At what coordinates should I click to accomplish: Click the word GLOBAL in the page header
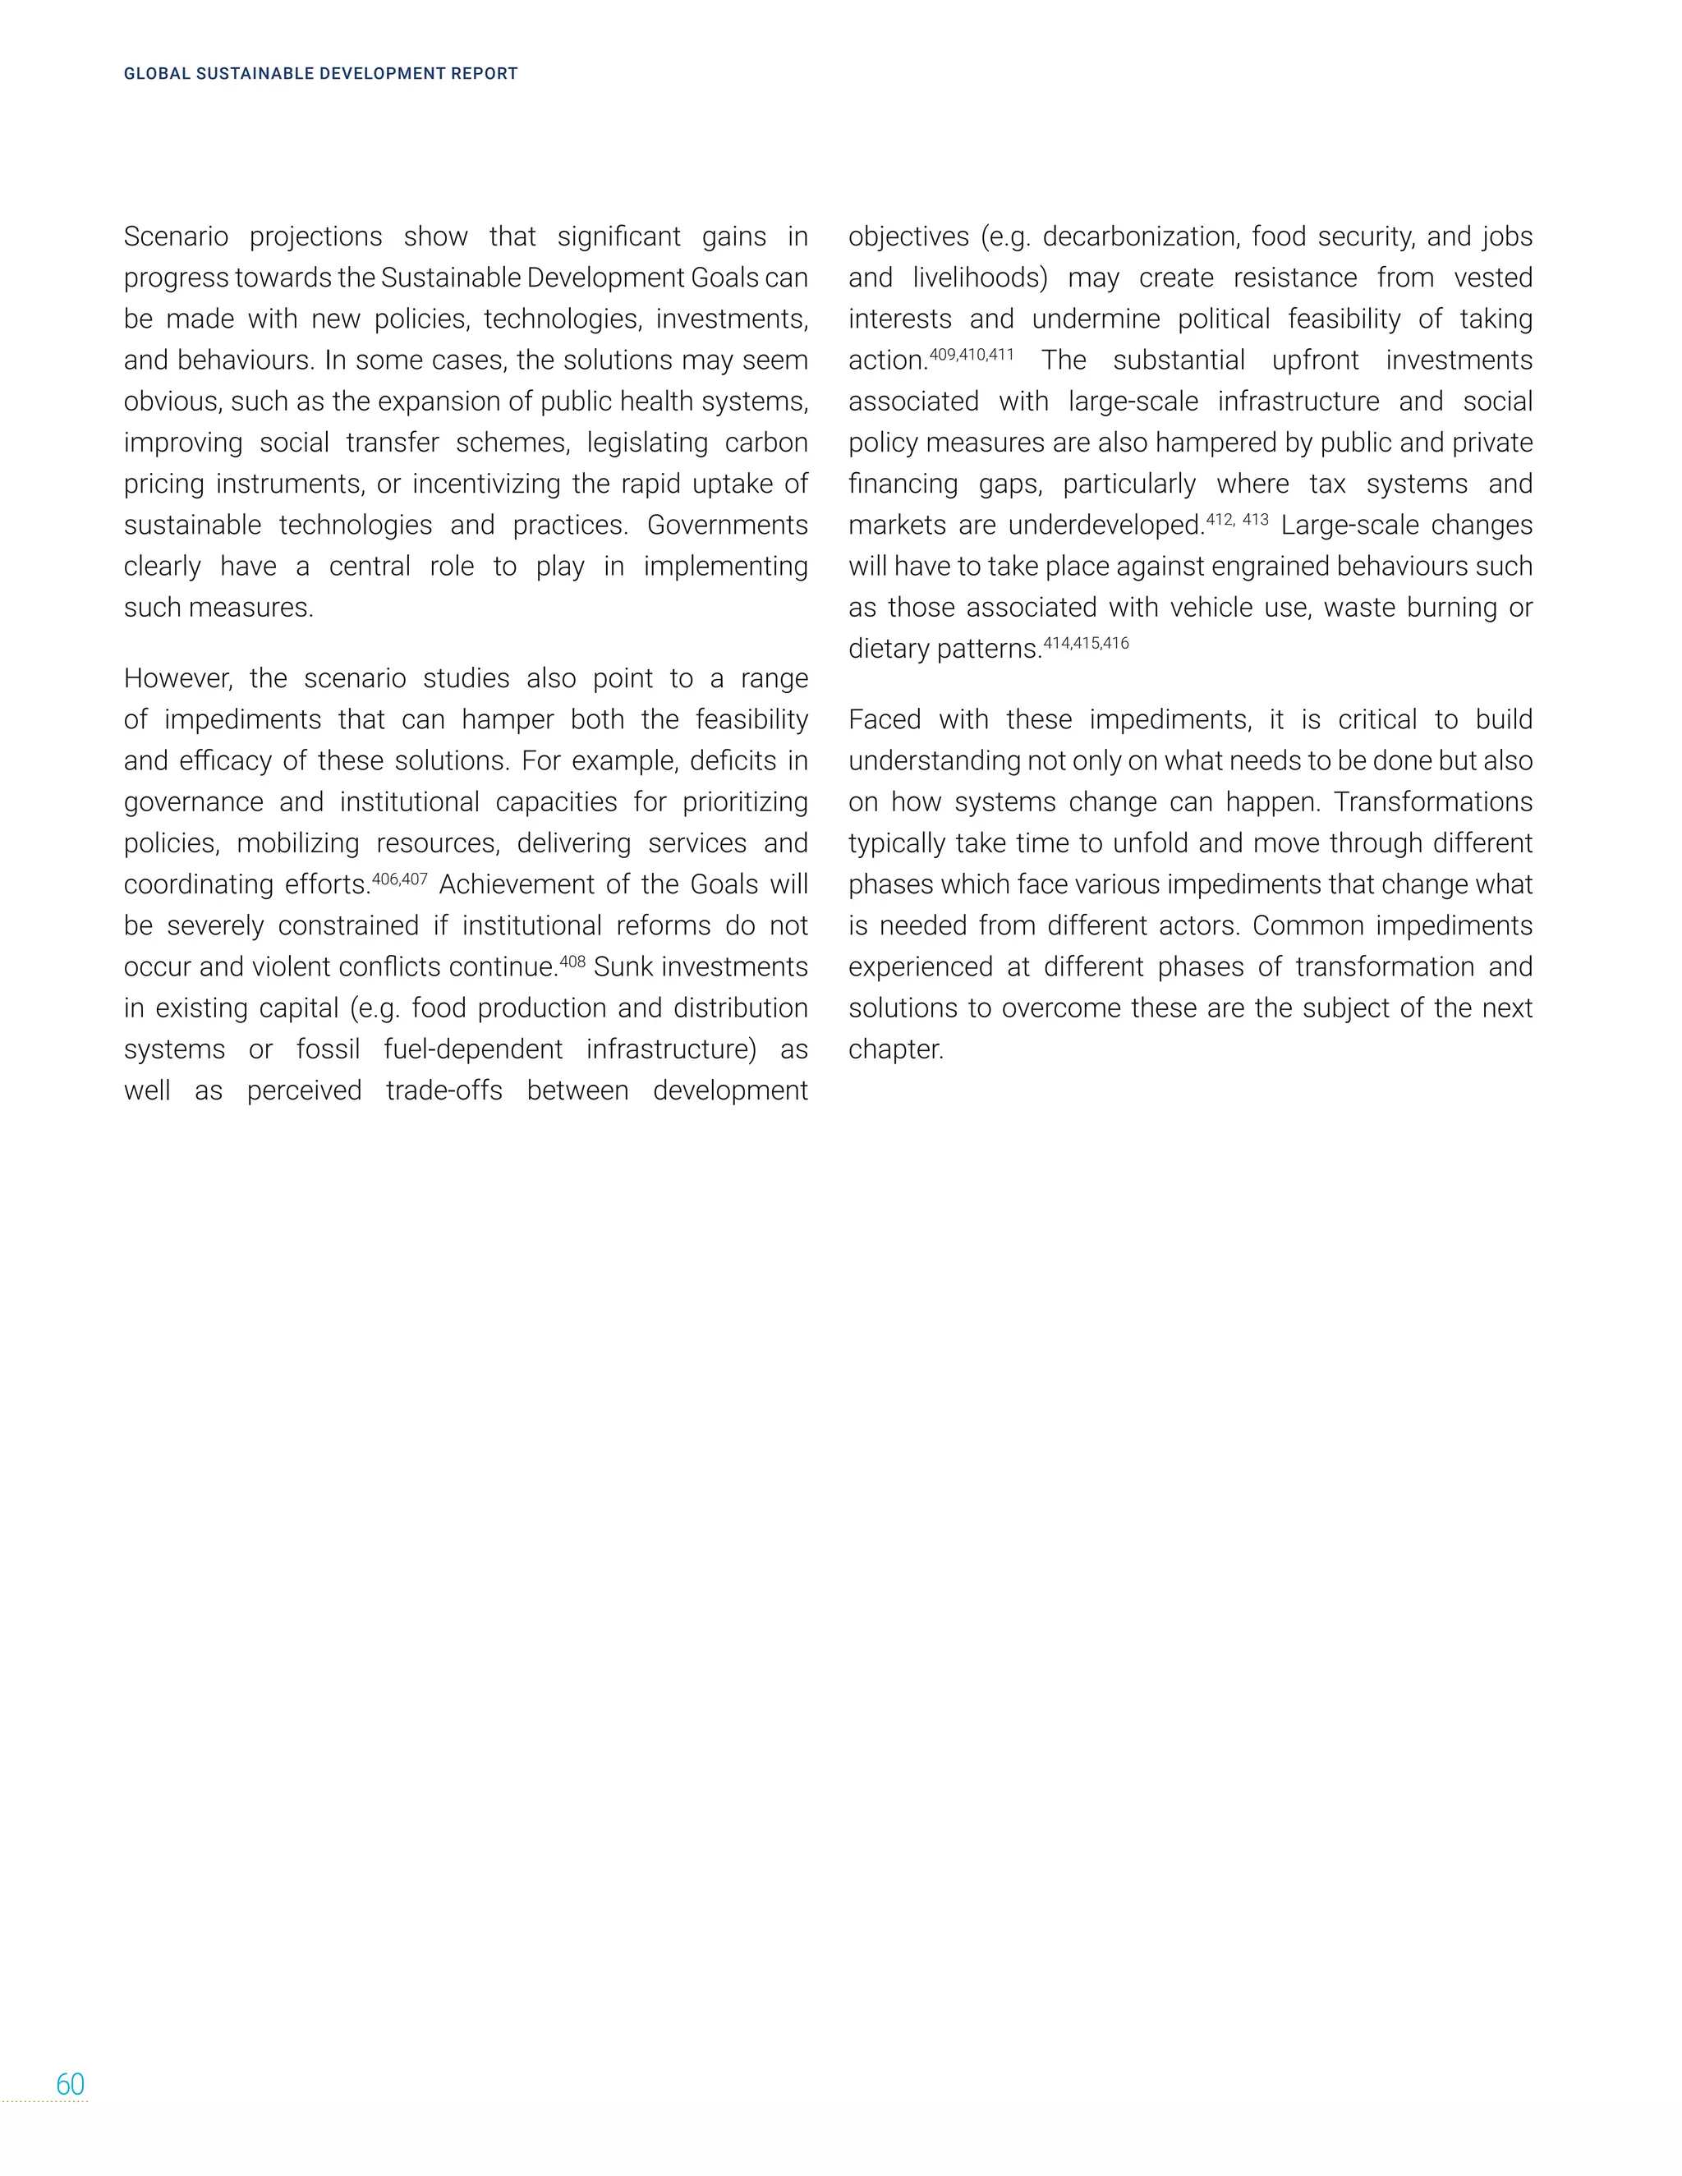156,74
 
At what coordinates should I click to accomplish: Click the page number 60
70,2084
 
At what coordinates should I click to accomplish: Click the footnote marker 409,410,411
972,355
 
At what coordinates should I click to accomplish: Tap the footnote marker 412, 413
1238,520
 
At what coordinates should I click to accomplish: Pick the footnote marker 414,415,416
1086,644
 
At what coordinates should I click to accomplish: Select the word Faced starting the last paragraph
885,720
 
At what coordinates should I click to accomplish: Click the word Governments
728,525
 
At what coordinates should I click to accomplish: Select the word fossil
328,1050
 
